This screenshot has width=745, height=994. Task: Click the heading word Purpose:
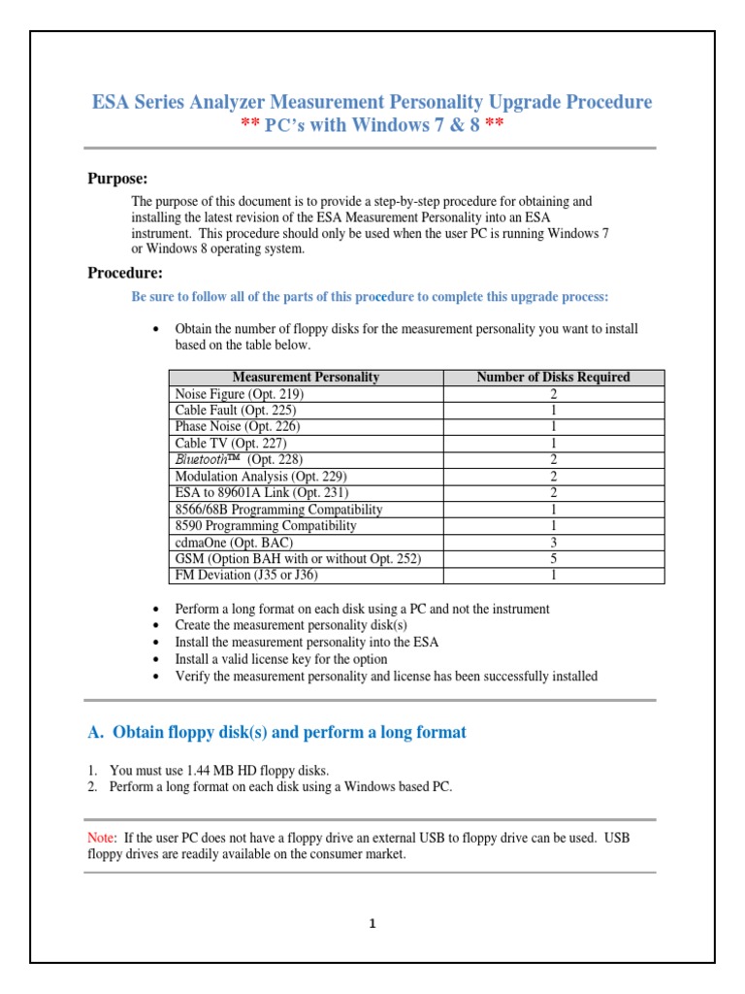click(x=118, y=179)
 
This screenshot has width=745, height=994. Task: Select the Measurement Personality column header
click(x=306, y=377)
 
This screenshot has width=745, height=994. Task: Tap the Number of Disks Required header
click(x=553, y=377)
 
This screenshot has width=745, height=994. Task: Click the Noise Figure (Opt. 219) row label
click(x=239, y=394)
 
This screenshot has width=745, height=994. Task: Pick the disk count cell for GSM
click(x=553, y=558)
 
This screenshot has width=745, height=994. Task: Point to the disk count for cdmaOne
click(x=553, y=543)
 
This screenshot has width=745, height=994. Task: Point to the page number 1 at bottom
click(x=372, y=923)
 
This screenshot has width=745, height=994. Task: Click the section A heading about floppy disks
click(x=276, y=732)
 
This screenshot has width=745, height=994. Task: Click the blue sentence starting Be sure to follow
click(x=370, y=296)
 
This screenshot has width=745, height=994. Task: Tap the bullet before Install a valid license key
click(x=157, y=659)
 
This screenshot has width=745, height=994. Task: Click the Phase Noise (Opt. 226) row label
click(x=237, y=426)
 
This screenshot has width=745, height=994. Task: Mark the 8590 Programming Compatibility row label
click(x=265, y=526)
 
